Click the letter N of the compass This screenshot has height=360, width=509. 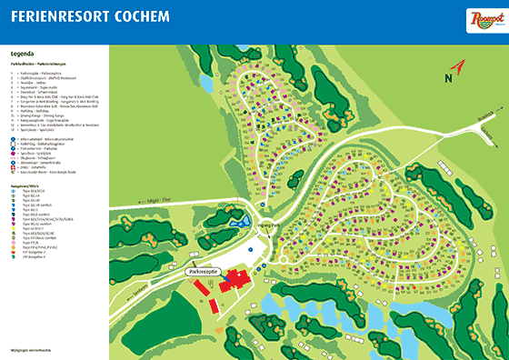click(460, 66)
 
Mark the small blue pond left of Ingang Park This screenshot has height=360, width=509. click(238, 221)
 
